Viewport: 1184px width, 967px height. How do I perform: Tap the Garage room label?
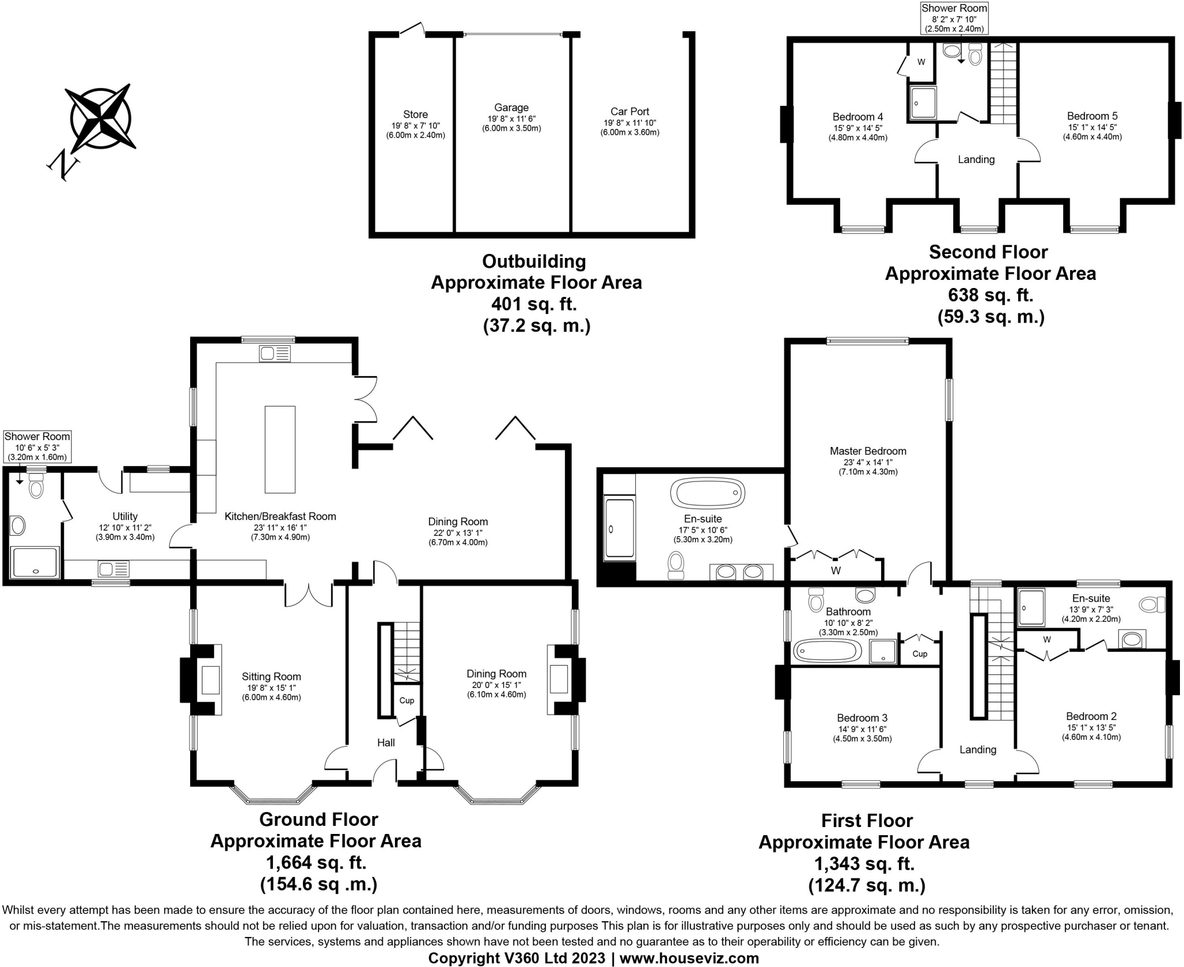pos(511,108)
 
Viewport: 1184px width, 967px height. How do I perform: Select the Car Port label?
pos(630,112)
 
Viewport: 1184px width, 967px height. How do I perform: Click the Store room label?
pos(415,115)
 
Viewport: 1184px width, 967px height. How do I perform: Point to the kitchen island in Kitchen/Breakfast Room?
pos(280,449)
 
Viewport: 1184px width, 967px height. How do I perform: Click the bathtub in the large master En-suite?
pos(707,493)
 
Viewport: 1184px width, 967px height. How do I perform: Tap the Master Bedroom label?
pos(868,451)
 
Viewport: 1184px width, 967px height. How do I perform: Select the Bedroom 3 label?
pos(862,718)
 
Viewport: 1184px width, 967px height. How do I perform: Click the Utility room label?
pos(125,516)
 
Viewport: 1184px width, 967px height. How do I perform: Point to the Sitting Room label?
pos(271,677)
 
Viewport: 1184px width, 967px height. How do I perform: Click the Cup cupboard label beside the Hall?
pos(406,700)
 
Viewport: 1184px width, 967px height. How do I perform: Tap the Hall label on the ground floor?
pos(386,743)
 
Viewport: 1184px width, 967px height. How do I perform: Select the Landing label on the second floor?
pos(976,160)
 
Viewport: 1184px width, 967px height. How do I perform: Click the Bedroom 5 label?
pos(1091,116)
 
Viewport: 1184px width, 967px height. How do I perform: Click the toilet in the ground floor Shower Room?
pos(36,488)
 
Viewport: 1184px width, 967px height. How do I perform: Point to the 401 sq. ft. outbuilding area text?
pos(534,304)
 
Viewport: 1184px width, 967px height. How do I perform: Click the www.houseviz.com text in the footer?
pos(689,958)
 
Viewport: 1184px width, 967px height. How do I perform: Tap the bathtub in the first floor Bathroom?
pos(826,651)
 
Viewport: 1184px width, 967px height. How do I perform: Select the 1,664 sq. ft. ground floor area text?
pos(316,863)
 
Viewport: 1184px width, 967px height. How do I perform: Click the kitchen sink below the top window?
pos(275,353)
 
